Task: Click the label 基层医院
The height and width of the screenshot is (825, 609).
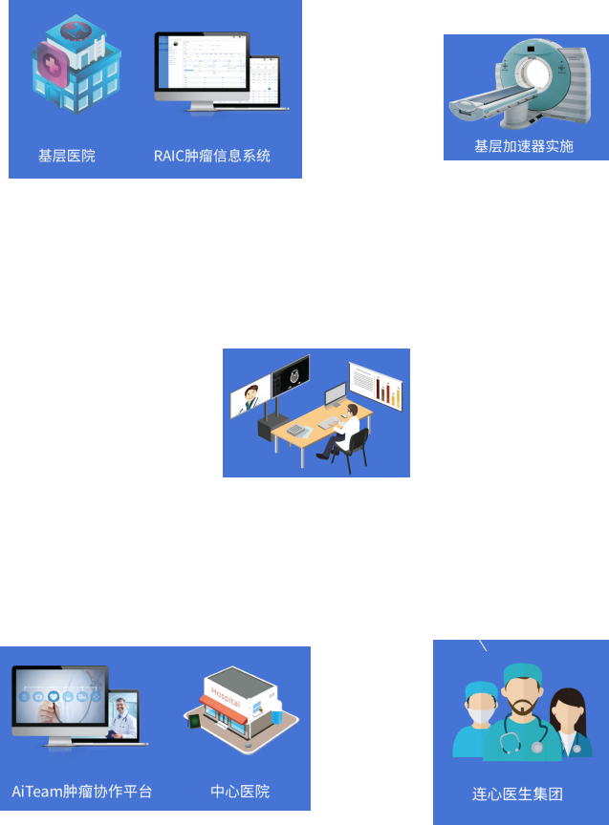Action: click(x=67, y=156)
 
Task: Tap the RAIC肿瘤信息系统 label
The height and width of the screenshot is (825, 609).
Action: click(x=212, y=156)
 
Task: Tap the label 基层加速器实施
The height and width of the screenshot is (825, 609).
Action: click(x=524, y=146)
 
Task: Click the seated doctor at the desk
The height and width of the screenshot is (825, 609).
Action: click(x=346, y=430)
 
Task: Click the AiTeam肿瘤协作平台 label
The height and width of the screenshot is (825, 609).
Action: click(x=82, y=792)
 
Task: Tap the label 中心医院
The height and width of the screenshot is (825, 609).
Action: click(x=240, y=792)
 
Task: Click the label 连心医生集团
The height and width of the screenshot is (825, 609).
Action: click(x=517, y=793)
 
